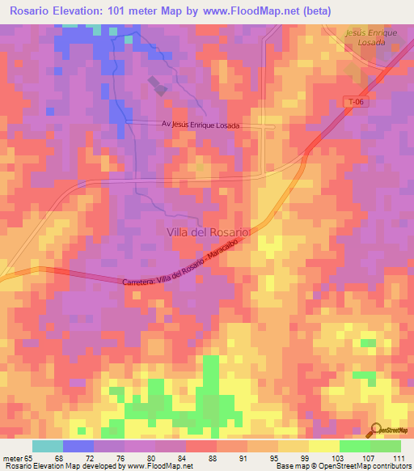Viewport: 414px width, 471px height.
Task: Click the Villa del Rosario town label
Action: coord(209,231)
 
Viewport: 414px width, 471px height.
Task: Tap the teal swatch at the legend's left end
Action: coord(48,446)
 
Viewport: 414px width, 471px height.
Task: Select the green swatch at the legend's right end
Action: coord(385,446)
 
